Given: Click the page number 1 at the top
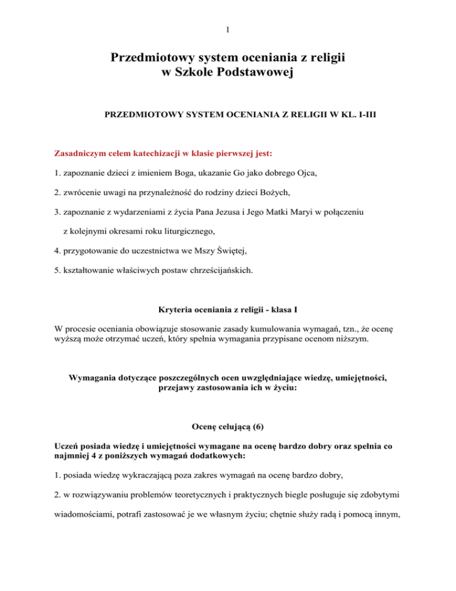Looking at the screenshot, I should coord(228,29).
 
